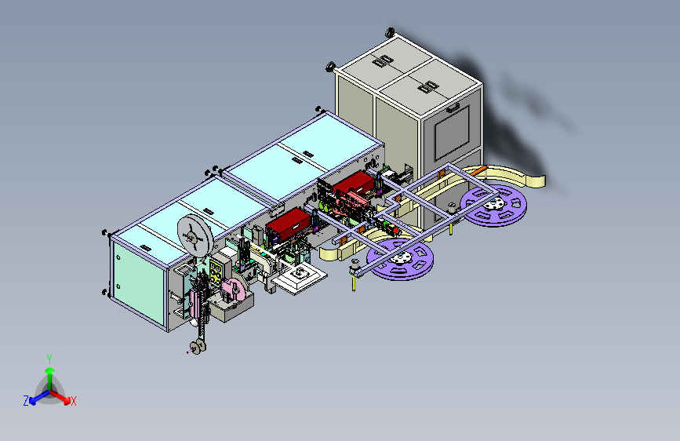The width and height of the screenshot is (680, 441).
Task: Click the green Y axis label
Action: coord(49,359)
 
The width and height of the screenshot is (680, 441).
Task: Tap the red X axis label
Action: coord(73,401)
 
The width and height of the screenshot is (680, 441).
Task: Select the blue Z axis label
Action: coord(26,401)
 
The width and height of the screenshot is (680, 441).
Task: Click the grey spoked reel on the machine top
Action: coord(195,237)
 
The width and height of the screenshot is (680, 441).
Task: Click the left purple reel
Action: coord(400,259)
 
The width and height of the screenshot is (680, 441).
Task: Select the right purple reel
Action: coord(493,205)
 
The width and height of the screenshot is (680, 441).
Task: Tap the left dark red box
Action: coord(289,224)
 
